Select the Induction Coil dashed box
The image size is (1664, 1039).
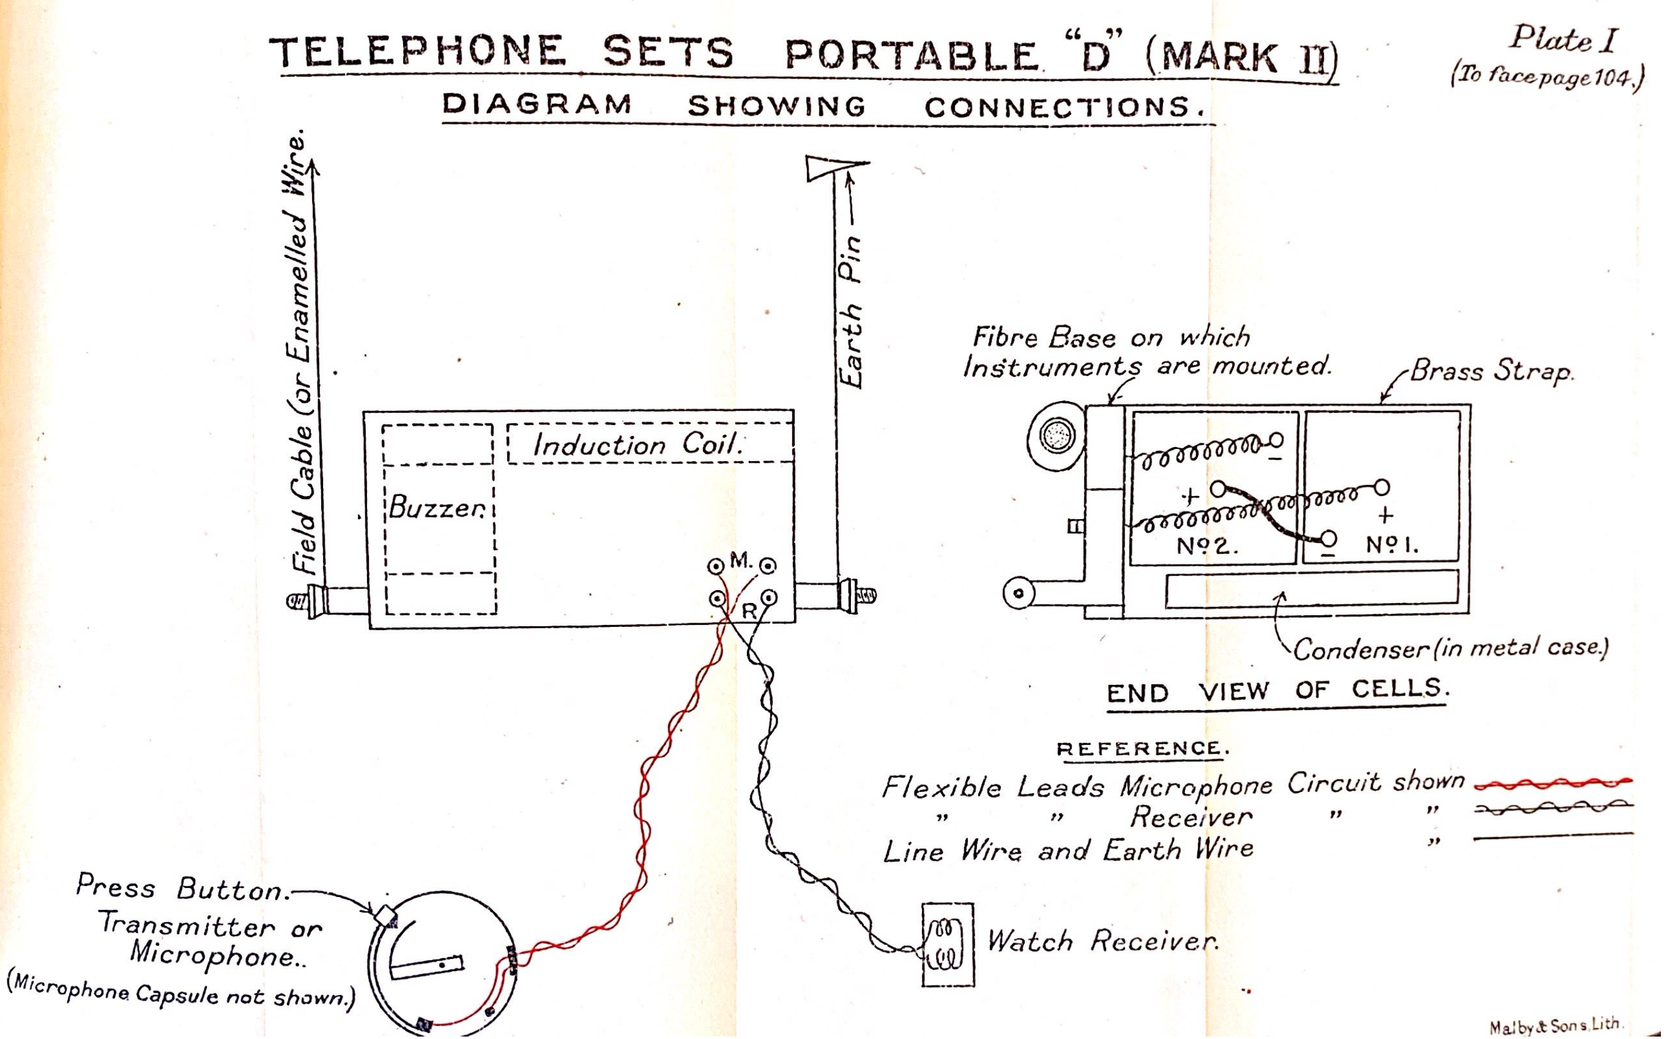click(x=650, y=443)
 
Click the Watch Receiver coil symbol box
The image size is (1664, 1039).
click(x=948, y=945)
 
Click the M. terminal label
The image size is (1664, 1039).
click(x=741, y=561)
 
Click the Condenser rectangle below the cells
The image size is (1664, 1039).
click(x=1312, y=589)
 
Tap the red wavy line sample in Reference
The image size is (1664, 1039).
click(x=1553, y=783)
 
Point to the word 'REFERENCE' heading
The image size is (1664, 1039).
click(x=1141, y=749)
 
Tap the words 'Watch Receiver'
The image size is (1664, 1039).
click(x=1102, y=941)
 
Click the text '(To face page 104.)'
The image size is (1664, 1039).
click(x=1547, y=78)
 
